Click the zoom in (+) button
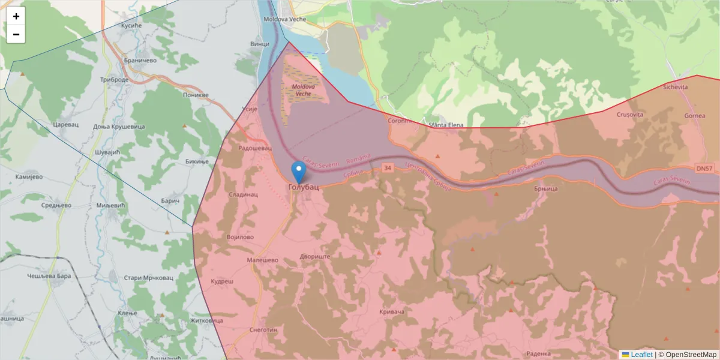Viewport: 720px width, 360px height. (x=16, y=16)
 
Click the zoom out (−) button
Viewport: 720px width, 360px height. (x=16, y=34)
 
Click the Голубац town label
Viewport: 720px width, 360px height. (x=304, y=187)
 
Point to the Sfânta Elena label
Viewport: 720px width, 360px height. (x=446, y=125)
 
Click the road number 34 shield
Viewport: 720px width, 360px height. (x=388, y=169)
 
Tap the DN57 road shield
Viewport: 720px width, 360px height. (x=705, y=169)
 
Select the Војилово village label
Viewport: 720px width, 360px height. (x=241, y=237)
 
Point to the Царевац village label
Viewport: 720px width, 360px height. (x=66, y=125)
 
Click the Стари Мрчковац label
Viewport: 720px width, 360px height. (x=148, y=278)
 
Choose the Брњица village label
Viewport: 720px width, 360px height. (x=545, y=188)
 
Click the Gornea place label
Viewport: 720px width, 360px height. (x=694, y=115)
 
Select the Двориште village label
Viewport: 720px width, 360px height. (x=315, y=256)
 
